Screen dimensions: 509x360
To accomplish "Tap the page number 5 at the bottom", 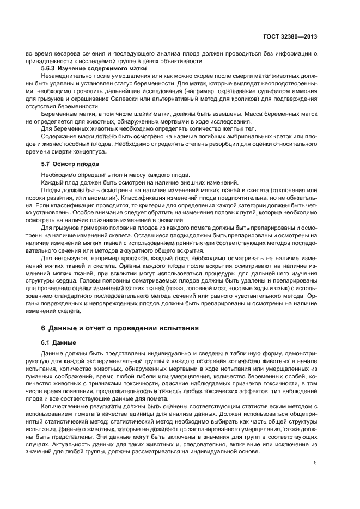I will [315, 463].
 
